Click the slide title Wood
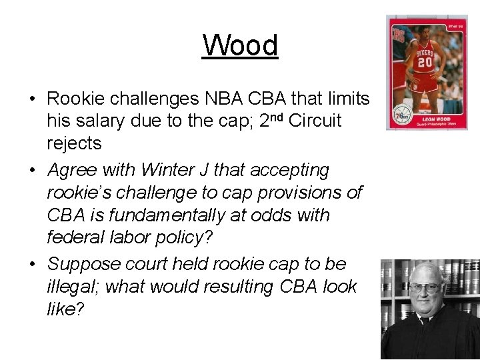(x=240, y=45)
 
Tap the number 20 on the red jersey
(x=424, y=63)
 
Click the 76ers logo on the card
(x=402, y=113)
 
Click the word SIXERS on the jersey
(x=424, y=52)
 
